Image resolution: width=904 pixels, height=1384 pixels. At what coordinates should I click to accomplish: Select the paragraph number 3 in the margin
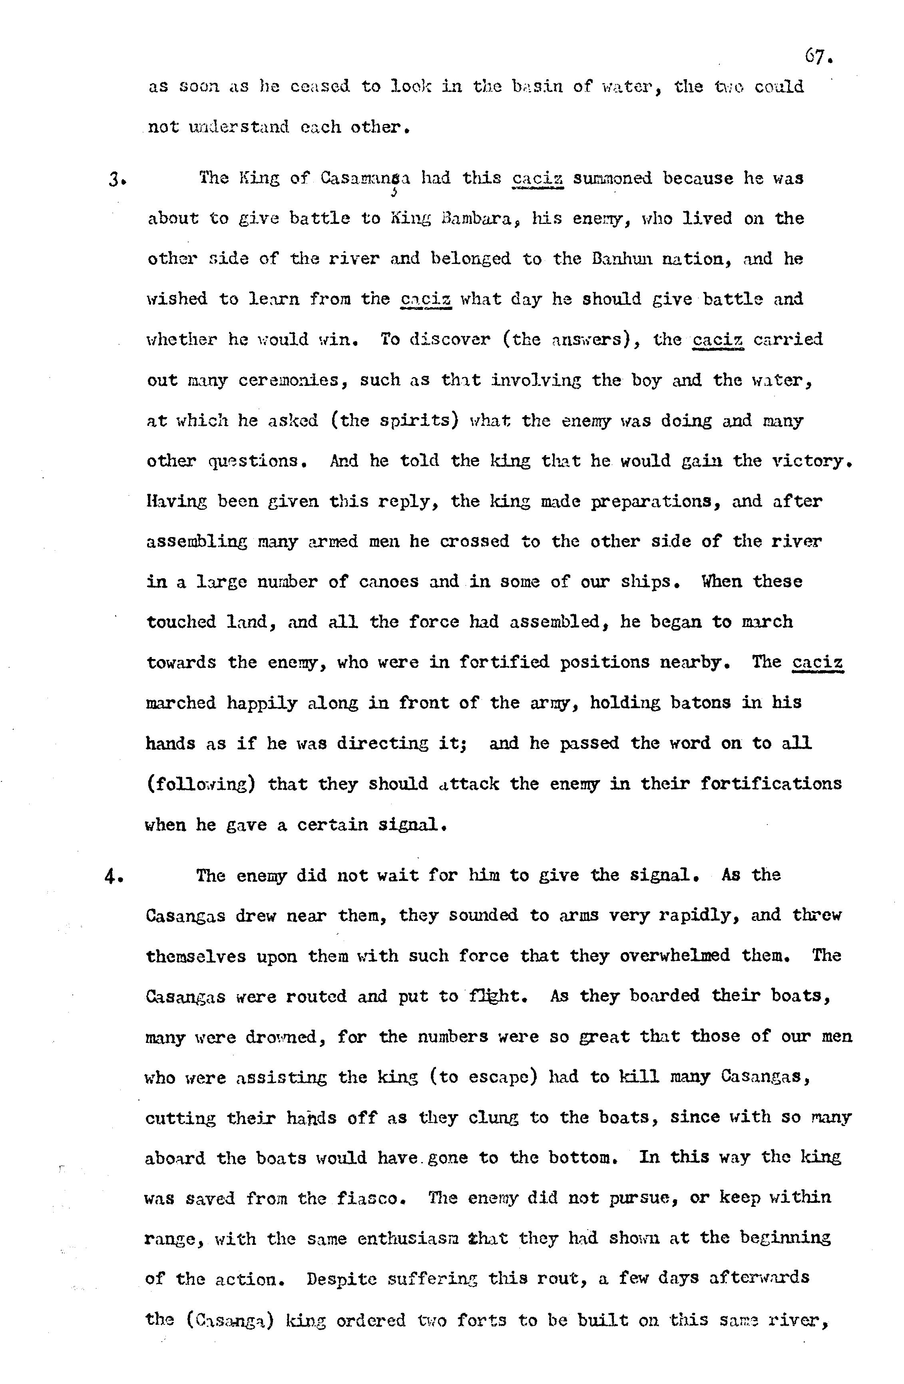[113, 179]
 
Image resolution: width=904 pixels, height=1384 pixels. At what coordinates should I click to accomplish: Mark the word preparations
[655, 501]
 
